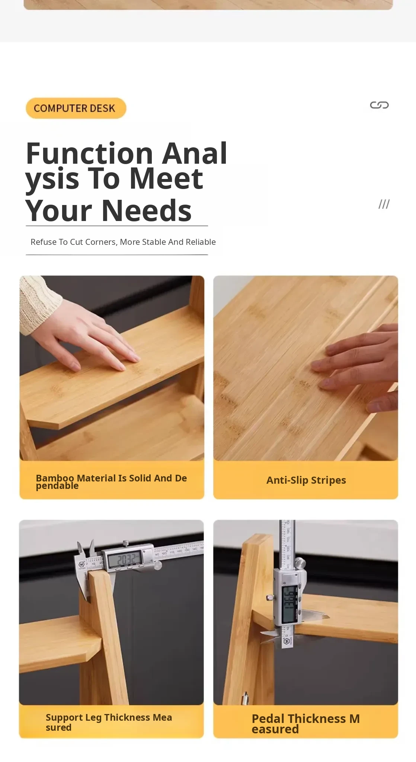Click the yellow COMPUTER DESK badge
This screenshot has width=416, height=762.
tap(76, 108)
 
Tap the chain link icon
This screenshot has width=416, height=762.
tap(379, 105)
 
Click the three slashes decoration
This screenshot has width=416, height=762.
tap(384, 204)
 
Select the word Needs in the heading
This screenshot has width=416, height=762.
tap(146, 211)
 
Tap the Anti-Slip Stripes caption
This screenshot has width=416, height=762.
tap(306, 480)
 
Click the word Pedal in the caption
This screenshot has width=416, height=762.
tap(268, 718)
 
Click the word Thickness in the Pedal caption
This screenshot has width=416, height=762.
tap(317, 718)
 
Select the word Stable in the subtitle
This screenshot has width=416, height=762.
tap(154, 242)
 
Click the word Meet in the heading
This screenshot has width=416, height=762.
tap(166, 179)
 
